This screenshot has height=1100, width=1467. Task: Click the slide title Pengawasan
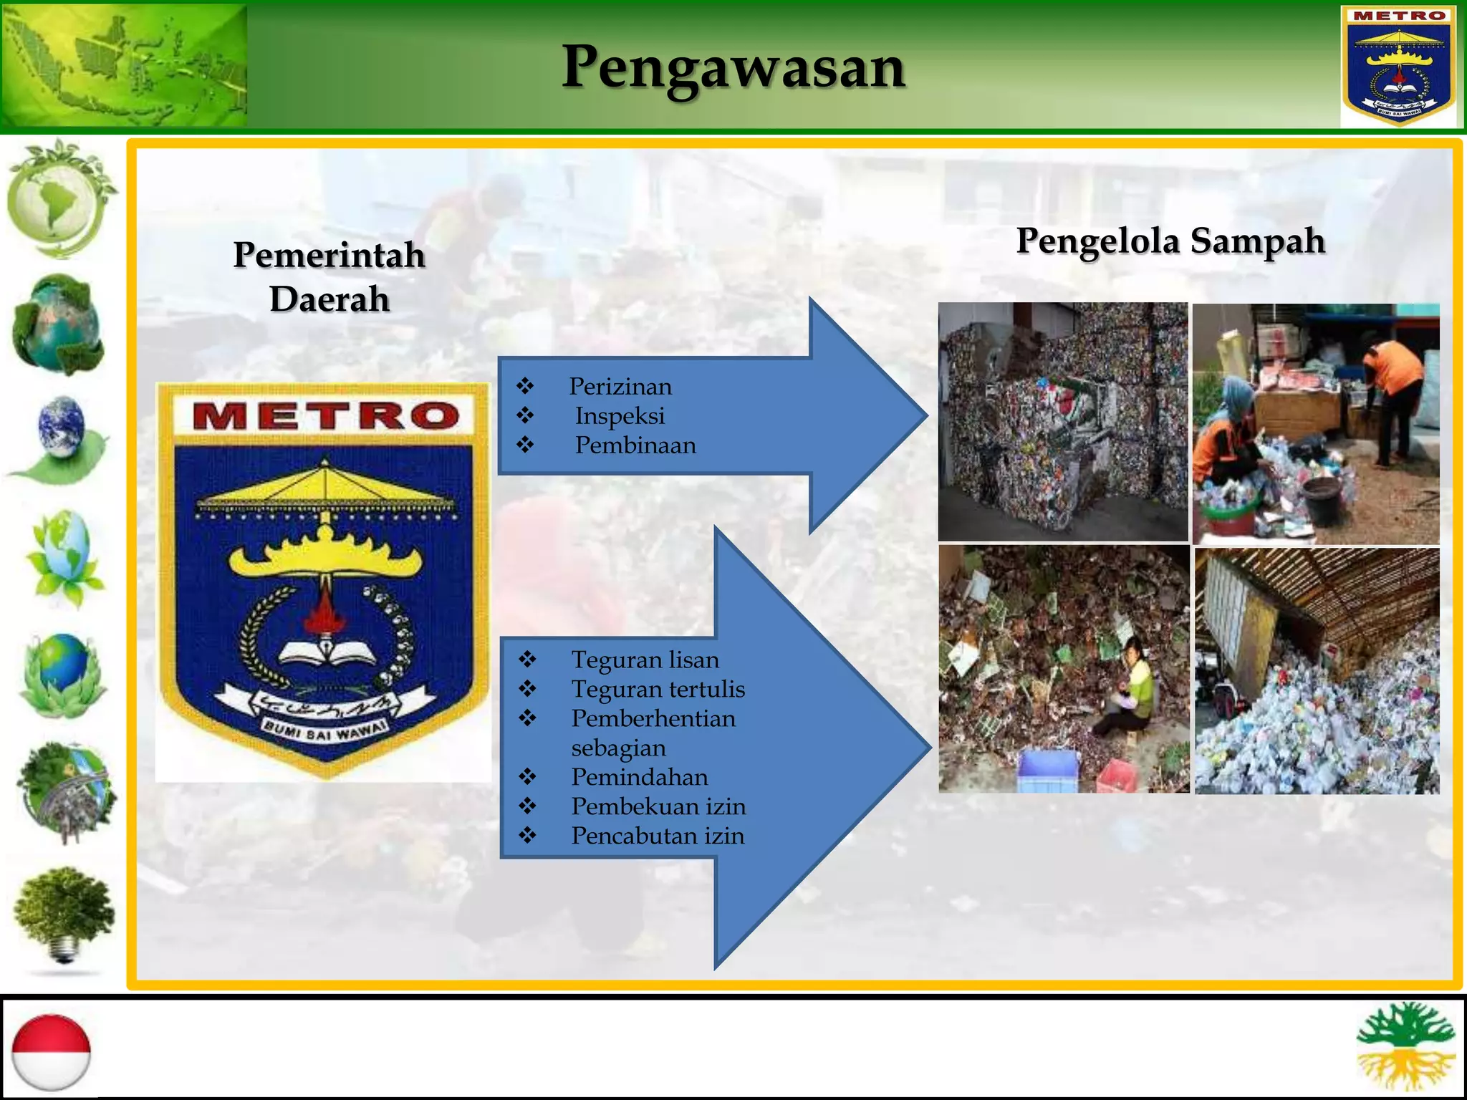pyautogui.click(x=733, y=68)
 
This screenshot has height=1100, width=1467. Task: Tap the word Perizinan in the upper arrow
pyautogui.click(x=620, y=387)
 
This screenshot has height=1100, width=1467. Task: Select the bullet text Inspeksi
pyautogui.click(x=620, y=416)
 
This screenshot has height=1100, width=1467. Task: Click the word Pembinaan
pyautogui.click(x=635, y=445)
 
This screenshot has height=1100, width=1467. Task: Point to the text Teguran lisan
pyautogui.click(x=645, y=660)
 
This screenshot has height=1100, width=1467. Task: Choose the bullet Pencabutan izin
pyautogui.click(x=658, y=836)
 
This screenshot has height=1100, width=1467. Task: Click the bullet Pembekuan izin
pyautogui.click(x=658, y=806)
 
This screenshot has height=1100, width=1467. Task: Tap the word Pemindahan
pyautogui.click(x=640, y=777)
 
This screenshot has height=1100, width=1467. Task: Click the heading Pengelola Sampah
pyautogui.click(x=1170, y=241)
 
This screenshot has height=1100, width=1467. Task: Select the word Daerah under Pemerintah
pyautogui.click(x=330, y=299)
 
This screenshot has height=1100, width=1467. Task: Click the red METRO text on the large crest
pyautogui.click(x=326, y=416)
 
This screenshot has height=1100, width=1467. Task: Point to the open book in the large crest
pyautogui.click(x=327, y=652)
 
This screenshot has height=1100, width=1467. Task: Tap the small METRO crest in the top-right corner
pyautogui.click(x=1399, y=66)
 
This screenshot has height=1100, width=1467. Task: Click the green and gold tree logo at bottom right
pyautogui.click(x=1405, y=1046)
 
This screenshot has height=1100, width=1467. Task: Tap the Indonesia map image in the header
pyautogui.click(x=125, y=66)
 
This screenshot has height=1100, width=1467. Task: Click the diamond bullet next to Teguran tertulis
pyautogui.click(x=528, y=689)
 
